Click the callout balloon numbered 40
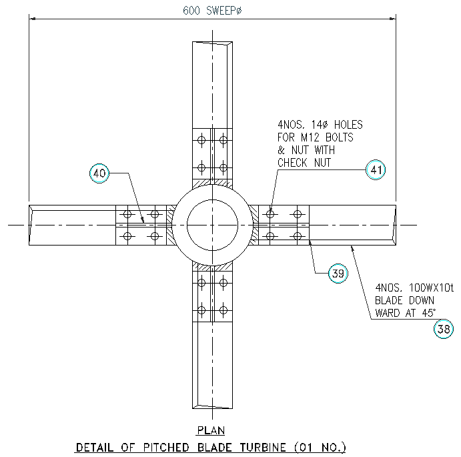99,173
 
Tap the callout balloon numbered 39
338,274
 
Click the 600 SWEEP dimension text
212,11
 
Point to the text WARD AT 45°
406,312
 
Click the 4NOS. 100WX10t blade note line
414,288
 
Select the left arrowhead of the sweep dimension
31,20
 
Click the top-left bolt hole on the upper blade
201,140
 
